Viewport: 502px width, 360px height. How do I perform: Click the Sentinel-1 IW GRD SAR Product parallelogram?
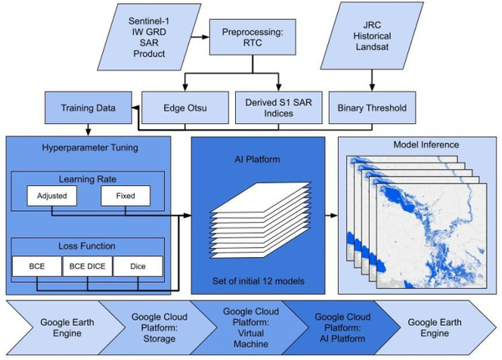[149, 37]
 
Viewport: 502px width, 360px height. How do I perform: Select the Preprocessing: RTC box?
[253, 37]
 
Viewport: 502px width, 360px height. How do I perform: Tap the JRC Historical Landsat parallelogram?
[372, 35]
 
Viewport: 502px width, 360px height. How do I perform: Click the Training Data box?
[89, 108]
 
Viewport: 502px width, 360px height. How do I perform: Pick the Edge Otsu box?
[185, 108]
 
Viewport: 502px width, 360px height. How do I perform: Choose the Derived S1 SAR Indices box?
[279, 108]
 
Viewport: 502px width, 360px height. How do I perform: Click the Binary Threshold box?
[372, 108]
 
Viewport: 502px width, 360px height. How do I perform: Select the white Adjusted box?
[52, 196]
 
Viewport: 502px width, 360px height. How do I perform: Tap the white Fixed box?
[125, 196]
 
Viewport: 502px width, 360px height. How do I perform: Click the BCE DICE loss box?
[87, 266]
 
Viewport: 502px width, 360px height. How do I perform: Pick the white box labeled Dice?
[138, 266]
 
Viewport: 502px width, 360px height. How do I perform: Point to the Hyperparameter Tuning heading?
[90, 147]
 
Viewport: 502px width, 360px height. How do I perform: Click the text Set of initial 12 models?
[259, 281]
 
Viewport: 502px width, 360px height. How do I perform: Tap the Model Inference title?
[426, 145]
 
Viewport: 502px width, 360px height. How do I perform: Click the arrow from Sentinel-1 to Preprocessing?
[200, 37]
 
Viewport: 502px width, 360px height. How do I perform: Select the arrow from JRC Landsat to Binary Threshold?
[372, 80]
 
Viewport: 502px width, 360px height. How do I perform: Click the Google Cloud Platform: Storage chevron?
[159, 327]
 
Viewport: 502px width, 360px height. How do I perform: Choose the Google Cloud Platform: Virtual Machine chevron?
[251, 327]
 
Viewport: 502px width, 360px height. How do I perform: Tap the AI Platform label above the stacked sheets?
[258, 160]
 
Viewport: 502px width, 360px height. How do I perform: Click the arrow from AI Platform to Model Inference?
[331, 215]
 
